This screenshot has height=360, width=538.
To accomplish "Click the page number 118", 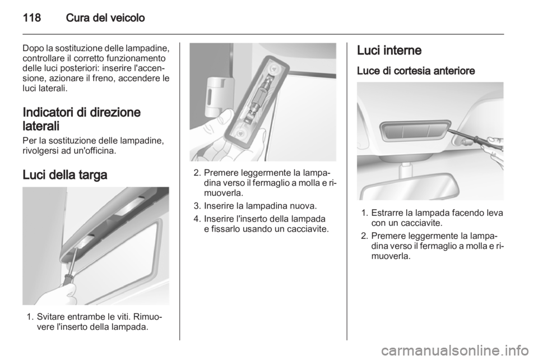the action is (32, 18).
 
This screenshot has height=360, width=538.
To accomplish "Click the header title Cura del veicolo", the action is (105, 18).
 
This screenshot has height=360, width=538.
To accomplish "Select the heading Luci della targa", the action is (65, 175).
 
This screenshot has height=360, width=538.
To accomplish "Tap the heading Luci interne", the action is (389, 50).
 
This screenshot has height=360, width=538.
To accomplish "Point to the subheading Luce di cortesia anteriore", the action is (416, 71).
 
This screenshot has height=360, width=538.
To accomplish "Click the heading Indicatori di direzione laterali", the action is (82, 119).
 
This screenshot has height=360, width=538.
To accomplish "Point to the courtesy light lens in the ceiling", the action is (415, 131).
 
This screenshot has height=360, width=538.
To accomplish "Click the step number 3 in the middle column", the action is (197, 206).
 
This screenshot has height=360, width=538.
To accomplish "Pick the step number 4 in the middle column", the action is (197, 219).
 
